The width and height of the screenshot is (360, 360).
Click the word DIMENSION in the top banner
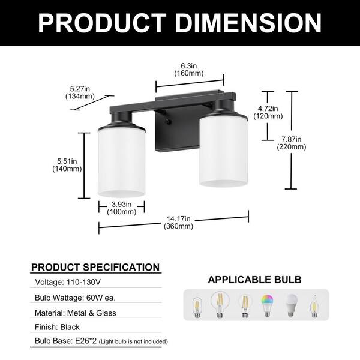tap(248, 23)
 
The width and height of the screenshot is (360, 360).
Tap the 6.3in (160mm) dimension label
tap(189, 70)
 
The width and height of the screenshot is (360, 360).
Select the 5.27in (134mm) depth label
tap(80, 92)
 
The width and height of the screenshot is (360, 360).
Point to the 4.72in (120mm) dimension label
tap(268, 112)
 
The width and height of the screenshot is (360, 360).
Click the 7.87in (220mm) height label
tap(292, 143)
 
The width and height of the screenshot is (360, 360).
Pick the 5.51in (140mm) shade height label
tap(67, 165)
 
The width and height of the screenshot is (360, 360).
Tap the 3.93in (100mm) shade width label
tap(121, 208)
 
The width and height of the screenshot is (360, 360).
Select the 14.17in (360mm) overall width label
tap(178, 223)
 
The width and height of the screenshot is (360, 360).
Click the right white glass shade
tap(223, 151)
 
